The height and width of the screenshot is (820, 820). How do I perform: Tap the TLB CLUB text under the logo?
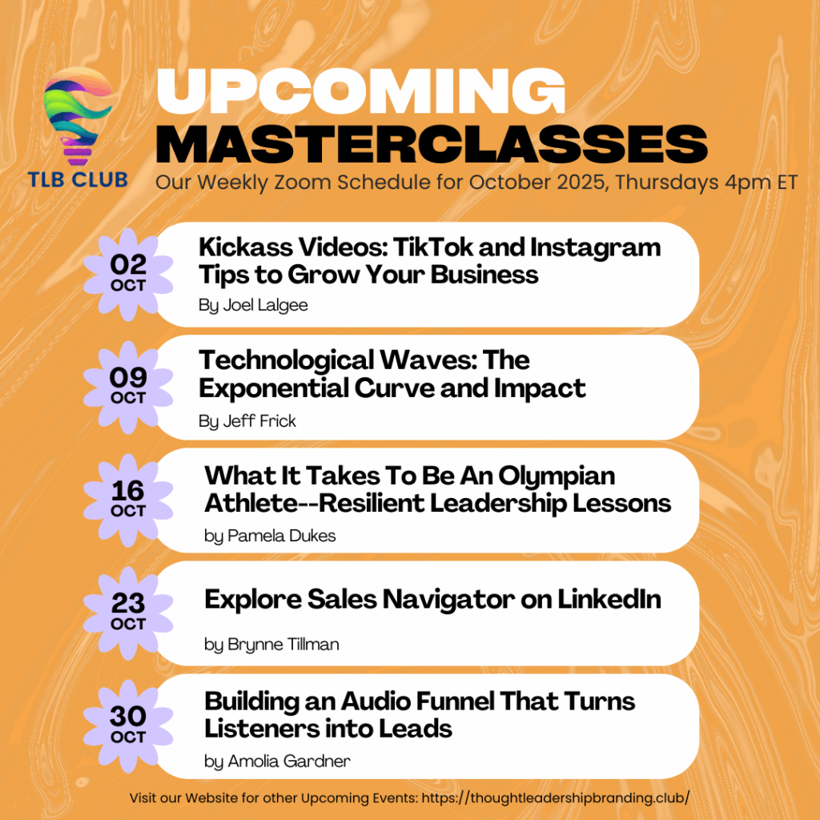point(78,180)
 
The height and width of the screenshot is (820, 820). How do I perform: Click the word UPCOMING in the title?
point(361,90)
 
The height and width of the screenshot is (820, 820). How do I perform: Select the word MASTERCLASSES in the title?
point(432,144)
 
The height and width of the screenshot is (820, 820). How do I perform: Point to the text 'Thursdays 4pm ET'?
point(706,183)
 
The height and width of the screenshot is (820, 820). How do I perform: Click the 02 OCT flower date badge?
point(128,275)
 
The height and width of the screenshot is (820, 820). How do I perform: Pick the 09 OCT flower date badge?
point(128,388)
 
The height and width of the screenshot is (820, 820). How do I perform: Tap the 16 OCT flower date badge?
point(128,500)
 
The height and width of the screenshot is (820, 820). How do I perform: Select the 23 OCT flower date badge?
point(128,613)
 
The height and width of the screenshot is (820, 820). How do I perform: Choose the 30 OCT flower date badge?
point(128,726)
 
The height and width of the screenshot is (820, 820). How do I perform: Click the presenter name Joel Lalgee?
point(265,305)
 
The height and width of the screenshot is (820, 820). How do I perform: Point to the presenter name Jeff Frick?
point(259,421)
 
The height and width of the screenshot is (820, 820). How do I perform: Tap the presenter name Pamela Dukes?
point(281,536)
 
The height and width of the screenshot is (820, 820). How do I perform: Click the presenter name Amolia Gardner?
point(288,762)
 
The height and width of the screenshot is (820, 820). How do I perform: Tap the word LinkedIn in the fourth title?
point(609,599)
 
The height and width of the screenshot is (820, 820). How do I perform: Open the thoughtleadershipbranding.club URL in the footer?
point(556,798)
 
